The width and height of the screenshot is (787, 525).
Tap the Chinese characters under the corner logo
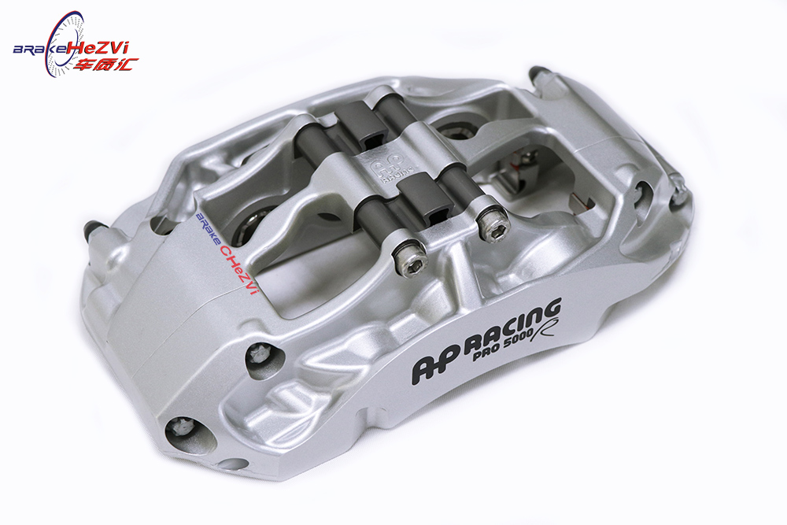click(105, 65)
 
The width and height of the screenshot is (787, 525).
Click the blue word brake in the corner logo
click(39, 49)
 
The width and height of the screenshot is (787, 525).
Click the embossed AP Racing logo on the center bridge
click(387, 171)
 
